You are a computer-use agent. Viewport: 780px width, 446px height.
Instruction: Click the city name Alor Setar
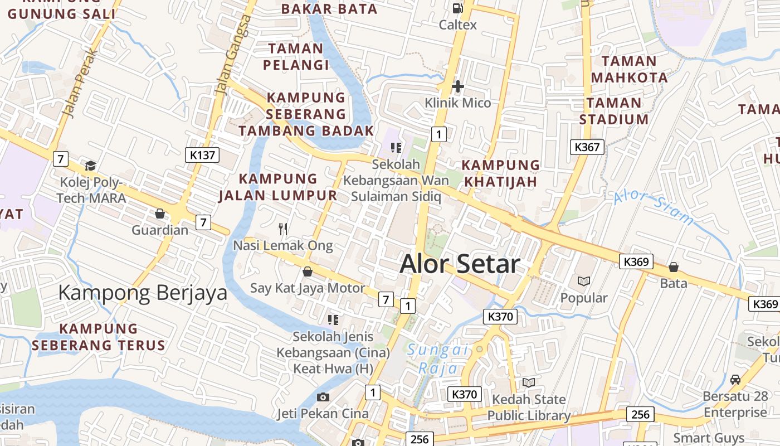pos(460,264)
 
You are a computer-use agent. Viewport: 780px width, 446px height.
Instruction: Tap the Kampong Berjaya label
pos(143,293)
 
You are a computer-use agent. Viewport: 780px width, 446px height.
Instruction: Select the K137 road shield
pos(202,155)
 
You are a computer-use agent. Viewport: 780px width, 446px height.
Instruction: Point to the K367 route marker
pos(587,147)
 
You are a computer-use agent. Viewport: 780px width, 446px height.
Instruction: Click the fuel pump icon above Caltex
pos(458,8)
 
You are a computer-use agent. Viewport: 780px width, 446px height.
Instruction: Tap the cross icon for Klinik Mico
pos(458,86)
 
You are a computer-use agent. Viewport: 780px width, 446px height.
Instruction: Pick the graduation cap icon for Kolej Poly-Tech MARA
pos(90,166)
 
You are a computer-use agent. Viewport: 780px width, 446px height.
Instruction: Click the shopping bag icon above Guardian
pos(160,214)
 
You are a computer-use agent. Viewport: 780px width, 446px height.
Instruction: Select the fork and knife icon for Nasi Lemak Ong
pos(283,229)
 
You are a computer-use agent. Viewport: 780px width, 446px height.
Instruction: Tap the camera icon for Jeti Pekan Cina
pos(323,397)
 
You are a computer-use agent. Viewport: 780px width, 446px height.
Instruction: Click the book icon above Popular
pos(584,282)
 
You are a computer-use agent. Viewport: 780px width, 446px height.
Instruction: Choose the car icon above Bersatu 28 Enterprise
pos(735,380)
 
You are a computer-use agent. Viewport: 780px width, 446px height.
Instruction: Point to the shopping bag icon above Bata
pos(674,267)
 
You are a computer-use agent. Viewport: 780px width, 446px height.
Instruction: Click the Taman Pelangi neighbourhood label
pos(296,57)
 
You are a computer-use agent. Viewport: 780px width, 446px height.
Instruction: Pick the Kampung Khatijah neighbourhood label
pos(500,173)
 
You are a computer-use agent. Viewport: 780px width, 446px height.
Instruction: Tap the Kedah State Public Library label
pos(528,408)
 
